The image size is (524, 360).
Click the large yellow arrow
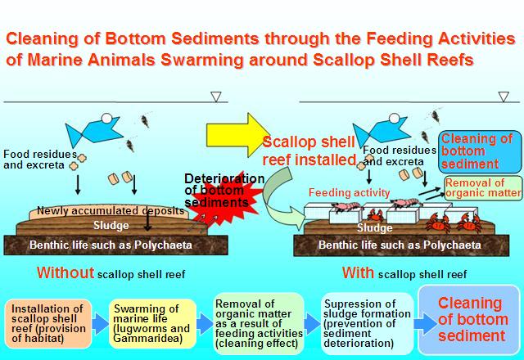pos(234,135)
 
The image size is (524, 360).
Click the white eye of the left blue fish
pos(106,118)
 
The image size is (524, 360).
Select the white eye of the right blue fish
pos(394,118)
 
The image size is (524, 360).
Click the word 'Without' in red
pos(65,272)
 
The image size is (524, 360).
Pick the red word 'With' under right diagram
pos(358,272)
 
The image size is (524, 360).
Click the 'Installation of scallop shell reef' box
pos(48,324)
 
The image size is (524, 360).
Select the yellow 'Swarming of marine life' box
pos(152,324)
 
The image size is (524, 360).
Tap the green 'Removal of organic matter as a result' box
pos(259,324)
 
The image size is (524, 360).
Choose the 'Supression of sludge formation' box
pos(367,324)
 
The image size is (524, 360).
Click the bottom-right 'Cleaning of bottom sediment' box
pos(469,320)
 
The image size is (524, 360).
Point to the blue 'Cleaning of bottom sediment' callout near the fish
pos(480,151)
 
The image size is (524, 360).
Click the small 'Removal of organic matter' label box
pos(483,188)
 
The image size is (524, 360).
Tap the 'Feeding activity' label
pos(350,193)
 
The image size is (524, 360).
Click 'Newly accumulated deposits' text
pos(111,211)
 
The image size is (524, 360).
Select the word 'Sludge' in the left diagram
pos(111,226)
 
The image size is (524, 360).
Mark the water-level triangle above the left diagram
pos(216,97)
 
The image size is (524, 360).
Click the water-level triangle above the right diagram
pos(504,97)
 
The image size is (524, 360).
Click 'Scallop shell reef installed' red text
pos(309,151)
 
